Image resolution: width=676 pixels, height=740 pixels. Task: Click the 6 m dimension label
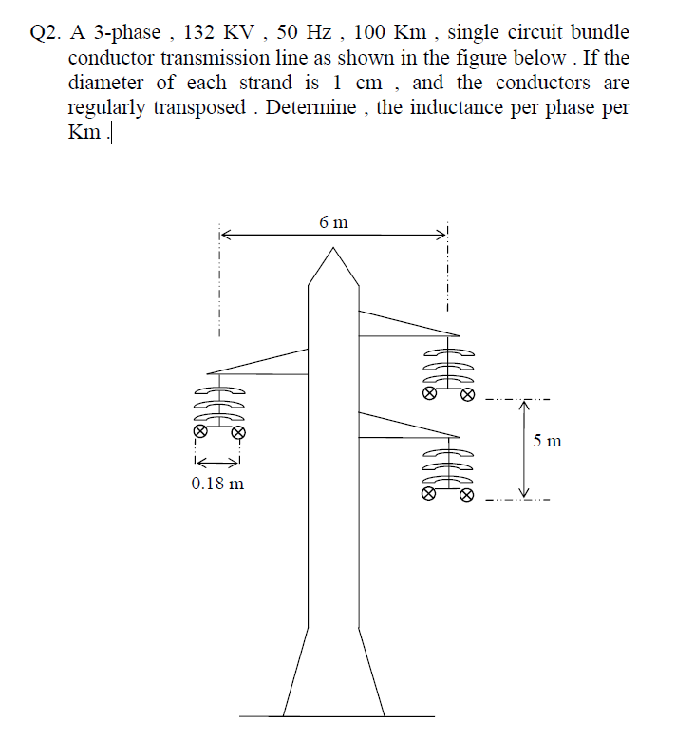point(333,223)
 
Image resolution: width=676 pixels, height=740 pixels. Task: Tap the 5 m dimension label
point(547,441)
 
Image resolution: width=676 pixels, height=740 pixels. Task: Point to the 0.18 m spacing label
point(217,484)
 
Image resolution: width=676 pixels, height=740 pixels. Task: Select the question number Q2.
point(47,33)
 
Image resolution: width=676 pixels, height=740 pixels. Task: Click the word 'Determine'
point(308,107)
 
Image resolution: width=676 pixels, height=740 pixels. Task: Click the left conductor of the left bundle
point(199,430)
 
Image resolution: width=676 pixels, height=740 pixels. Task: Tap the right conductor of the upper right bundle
point(467,394)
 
